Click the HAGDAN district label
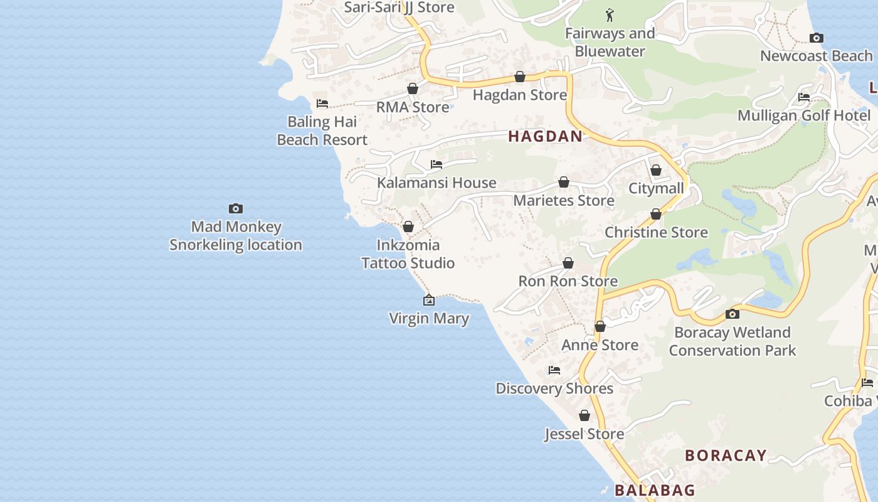click(545, 136)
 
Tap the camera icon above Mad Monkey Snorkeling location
click(236, 208)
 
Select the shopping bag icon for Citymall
click(656, 170)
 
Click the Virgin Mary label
click(429, 318)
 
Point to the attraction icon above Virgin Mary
click(429, 301)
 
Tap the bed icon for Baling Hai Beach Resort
click(322, 103)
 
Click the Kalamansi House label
click(436, 183)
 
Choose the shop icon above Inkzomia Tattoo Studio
click(408, 227)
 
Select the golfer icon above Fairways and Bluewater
click(610, 14)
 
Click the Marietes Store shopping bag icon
click(564, 182)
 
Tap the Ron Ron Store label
click(568, 281)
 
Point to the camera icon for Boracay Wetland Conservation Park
click(732, 314)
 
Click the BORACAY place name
click(726, 456)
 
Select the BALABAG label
click(654, 490)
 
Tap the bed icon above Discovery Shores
click(554, 370)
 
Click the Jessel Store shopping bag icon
click(584, 415)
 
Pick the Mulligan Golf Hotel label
click(804, 115)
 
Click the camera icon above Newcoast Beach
click(816, 38)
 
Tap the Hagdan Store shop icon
click(520, 77)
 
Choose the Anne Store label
click(600, 344)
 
